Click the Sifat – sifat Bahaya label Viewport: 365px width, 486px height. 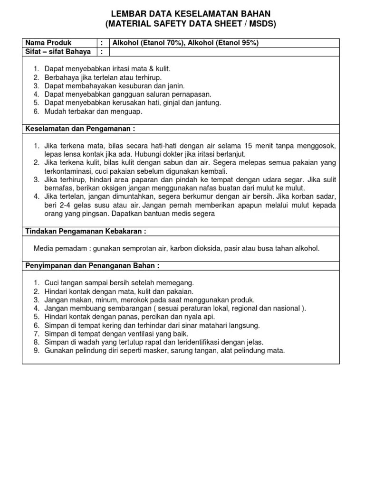pyautogui.click(x=58, y=51)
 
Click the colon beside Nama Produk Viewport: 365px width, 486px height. pyautogui.click(x=101, y=43)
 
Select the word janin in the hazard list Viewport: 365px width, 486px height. pyautogui.click(x=174, y=86)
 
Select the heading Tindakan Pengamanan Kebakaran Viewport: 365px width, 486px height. pyautogui.click(x=85, y=231)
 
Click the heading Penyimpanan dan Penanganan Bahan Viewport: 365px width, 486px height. pyautogui.click(x=92, y=265)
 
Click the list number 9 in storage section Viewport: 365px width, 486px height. pyautogui.click(x=37, y=351)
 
